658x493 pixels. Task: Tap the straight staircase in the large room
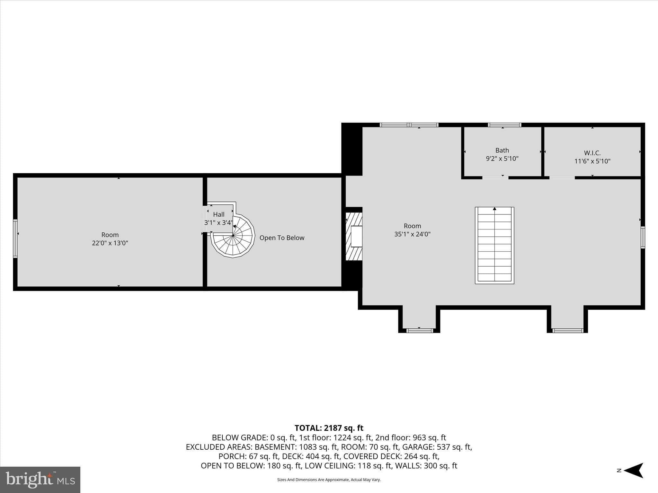494,246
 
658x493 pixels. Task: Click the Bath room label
502,150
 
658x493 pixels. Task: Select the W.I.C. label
592,153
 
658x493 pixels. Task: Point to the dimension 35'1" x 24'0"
412,234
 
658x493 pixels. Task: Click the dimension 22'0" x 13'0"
110,243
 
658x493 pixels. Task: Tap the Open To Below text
282,238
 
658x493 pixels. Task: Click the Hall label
219,214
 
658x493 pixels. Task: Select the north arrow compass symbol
632,471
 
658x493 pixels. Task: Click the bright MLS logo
40,480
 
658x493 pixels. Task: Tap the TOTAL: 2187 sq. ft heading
329,428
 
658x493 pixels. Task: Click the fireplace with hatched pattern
354,236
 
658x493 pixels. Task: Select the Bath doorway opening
495,177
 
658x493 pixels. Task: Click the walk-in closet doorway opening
562,177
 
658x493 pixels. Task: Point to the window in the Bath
504,125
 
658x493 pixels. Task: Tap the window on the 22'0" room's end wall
15,238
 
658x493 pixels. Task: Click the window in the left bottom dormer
419,330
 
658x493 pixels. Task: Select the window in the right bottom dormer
567,330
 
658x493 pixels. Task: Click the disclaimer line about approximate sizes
329,480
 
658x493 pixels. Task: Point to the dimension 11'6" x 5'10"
592,161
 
